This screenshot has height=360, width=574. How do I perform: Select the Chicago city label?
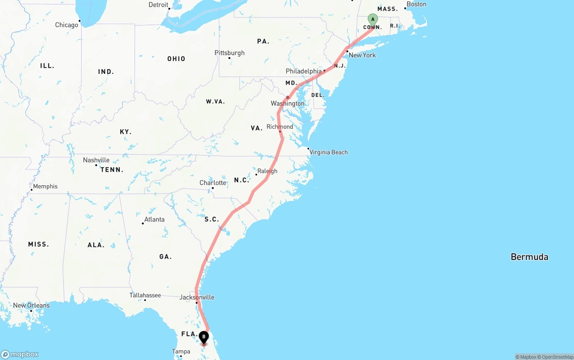[67, 25]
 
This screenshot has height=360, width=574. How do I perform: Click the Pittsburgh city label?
[230, 53]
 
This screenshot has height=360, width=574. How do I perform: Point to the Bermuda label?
[529, 257]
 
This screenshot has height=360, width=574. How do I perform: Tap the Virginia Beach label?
[328, 152]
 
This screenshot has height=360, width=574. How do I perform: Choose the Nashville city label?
[96, 160]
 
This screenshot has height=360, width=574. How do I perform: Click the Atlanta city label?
[154, 220]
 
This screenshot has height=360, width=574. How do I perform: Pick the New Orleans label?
[31, 305]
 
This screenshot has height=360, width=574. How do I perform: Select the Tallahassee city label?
[145, 295]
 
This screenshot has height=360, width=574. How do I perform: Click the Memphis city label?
[45, 187]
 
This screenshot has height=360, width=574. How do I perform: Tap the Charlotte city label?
[213, 183]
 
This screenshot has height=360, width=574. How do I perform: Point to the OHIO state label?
[176, 59]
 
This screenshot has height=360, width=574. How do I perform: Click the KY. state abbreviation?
[126, 132]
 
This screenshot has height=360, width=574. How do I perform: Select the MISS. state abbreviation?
[39, 244]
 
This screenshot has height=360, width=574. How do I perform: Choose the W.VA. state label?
[215, 102]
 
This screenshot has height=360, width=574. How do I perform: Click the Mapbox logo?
[20, 355]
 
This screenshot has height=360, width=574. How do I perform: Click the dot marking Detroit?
[169, 9]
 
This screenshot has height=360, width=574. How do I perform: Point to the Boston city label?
[416, 4]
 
